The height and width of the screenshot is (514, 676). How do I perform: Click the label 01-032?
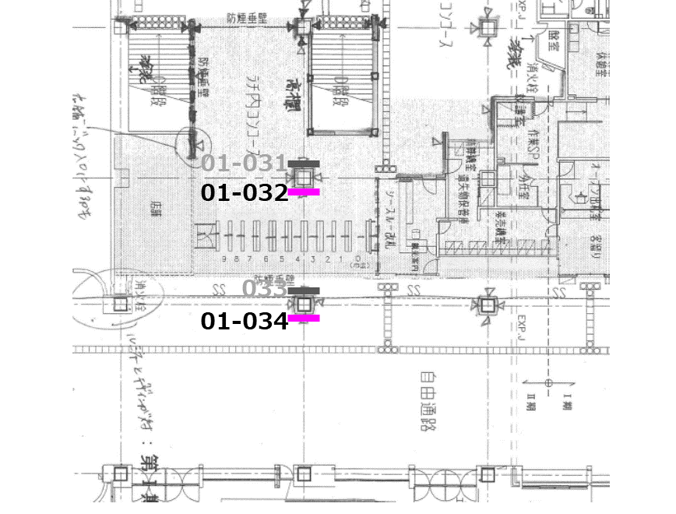point(245,192)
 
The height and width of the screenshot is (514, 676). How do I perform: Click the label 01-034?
point(245,320)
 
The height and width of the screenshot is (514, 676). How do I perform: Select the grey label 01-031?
point(245,164)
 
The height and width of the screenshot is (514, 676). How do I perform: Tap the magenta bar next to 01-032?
point(304,191)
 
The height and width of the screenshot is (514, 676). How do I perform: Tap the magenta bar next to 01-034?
point(304,318)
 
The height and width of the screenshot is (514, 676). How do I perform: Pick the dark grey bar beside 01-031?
point(304,163)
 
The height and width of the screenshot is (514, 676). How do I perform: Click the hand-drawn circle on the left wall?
point(192,143)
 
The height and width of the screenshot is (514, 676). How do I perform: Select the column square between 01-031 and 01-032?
point(302,177)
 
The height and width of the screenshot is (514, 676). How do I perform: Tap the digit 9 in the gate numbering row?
point(224,258)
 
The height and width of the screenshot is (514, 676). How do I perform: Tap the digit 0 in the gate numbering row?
point(357,258)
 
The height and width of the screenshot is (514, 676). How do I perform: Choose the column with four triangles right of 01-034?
point(488,304)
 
